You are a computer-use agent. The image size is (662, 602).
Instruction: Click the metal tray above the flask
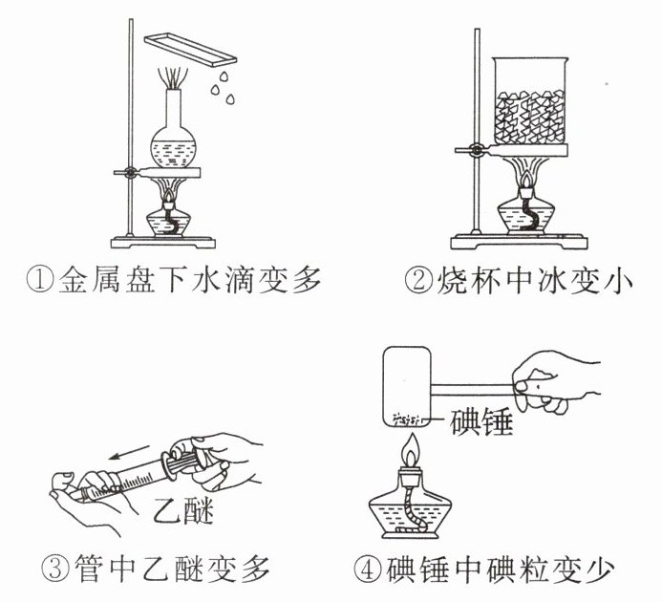click(190, 49)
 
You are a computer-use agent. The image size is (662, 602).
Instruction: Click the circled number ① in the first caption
click(41, 280)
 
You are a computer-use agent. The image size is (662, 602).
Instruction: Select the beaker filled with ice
click(531, 101)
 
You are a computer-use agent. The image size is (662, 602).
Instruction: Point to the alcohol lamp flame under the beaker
click(526, 180)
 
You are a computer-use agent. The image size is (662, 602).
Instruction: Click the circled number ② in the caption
click(418, 280)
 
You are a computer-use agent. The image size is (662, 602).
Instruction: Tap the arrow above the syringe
click(129, 451)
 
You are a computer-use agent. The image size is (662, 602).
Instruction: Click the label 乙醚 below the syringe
click(183, 510)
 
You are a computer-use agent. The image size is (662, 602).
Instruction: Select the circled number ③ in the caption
click(55, 569)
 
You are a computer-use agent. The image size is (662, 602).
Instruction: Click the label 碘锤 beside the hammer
click(481, 421)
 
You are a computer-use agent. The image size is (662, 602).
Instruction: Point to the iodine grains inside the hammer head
click(407, 419)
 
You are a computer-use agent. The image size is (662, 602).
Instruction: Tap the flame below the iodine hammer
click(411, 451)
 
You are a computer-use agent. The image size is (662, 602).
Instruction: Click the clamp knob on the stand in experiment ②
click(478, 149)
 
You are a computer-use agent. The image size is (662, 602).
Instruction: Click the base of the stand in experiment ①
click(163, 243)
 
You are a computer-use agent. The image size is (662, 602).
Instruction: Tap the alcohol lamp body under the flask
click(168, 221)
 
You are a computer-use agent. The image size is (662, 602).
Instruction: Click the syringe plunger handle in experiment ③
click(183, 461)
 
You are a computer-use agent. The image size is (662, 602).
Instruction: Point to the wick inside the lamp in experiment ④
click(412, 511)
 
